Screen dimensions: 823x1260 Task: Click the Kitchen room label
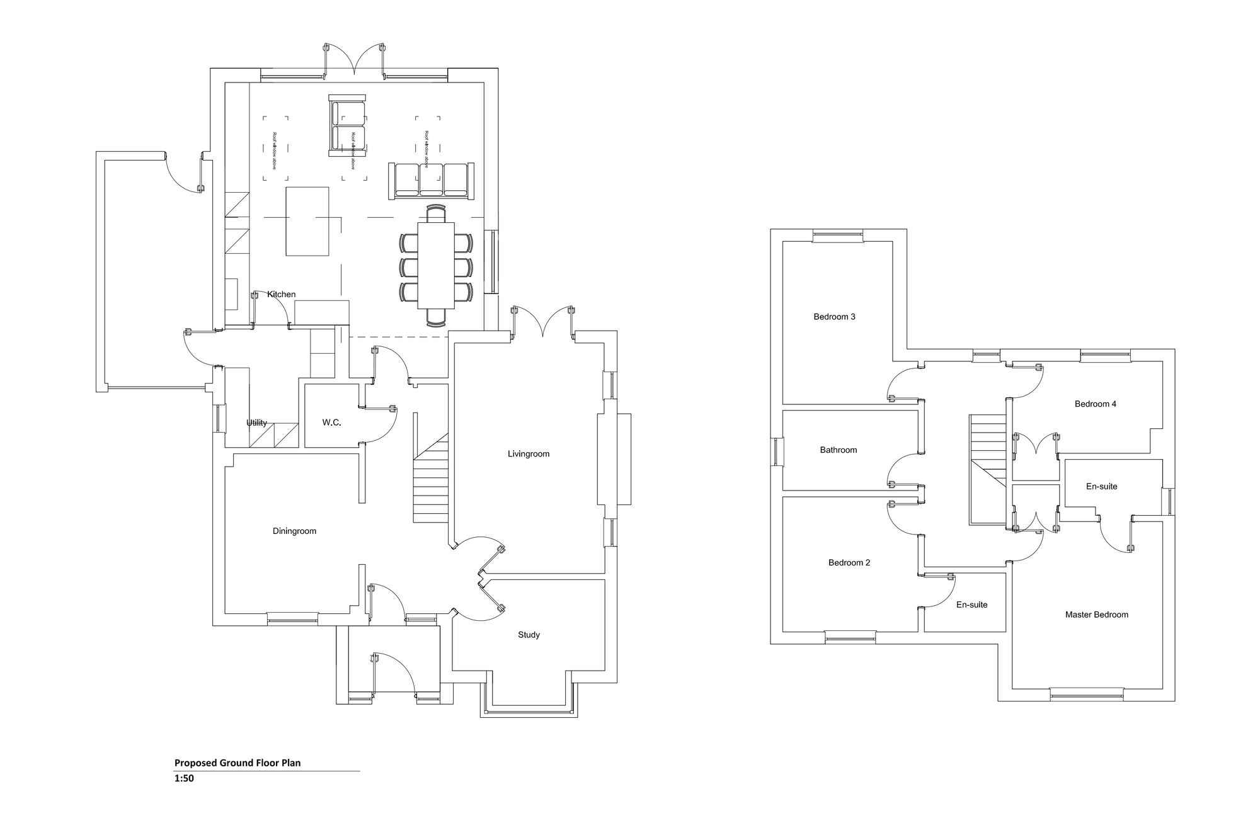[x=281, y=295]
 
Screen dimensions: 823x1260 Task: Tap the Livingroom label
[x=529, y=454]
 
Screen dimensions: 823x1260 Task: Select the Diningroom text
[x=294, y=531]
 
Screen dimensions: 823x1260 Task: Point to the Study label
[x=529, y=635]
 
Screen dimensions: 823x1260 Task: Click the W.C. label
[x=331, y=423]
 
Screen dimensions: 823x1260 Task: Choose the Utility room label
[x=256, y=423]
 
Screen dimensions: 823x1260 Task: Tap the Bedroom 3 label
[x=834, y=317]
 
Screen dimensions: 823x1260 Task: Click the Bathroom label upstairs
[x=838, y=450]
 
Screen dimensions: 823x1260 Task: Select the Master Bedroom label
[x=1096, y=615]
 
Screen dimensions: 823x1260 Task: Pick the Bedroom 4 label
[x=1095, y=404]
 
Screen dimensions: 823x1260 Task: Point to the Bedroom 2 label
[x=849, y=563]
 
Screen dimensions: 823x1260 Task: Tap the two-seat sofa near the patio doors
[x=347, y=126]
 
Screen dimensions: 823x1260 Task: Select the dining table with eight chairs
[x=436, y=264]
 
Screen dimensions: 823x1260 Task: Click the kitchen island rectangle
[x=307, y=221]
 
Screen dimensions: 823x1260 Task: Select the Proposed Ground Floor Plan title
[x=238, y=763]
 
